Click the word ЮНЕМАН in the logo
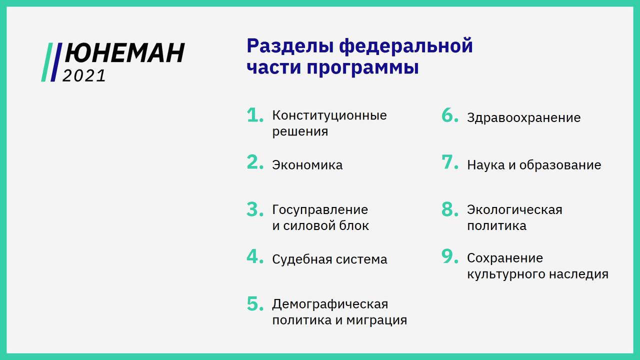tap(124, 53)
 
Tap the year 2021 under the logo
tap(84, 76)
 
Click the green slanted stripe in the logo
tap(47, 62)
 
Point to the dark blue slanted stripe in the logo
tap(56, 62)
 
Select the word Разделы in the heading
tap(290, 47)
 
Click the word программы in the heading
tap(363, 67)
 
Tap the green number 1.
tap(255, 115)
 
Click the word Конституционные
tap(329, 116)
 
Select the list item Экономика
tap(307, 165)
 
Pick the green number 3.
tap(255, 209)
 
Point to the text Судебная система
tap(329, 259)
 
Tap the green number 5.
tap(255, 303)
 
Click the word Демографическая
tap(330, 304)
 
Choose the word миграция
tap(376, 320)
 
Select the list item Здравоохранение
tap(524, 118)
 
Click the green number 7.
tap(449, 162)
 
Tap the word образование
tap(560, 165)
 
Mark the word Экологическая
tap(514, 210)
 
